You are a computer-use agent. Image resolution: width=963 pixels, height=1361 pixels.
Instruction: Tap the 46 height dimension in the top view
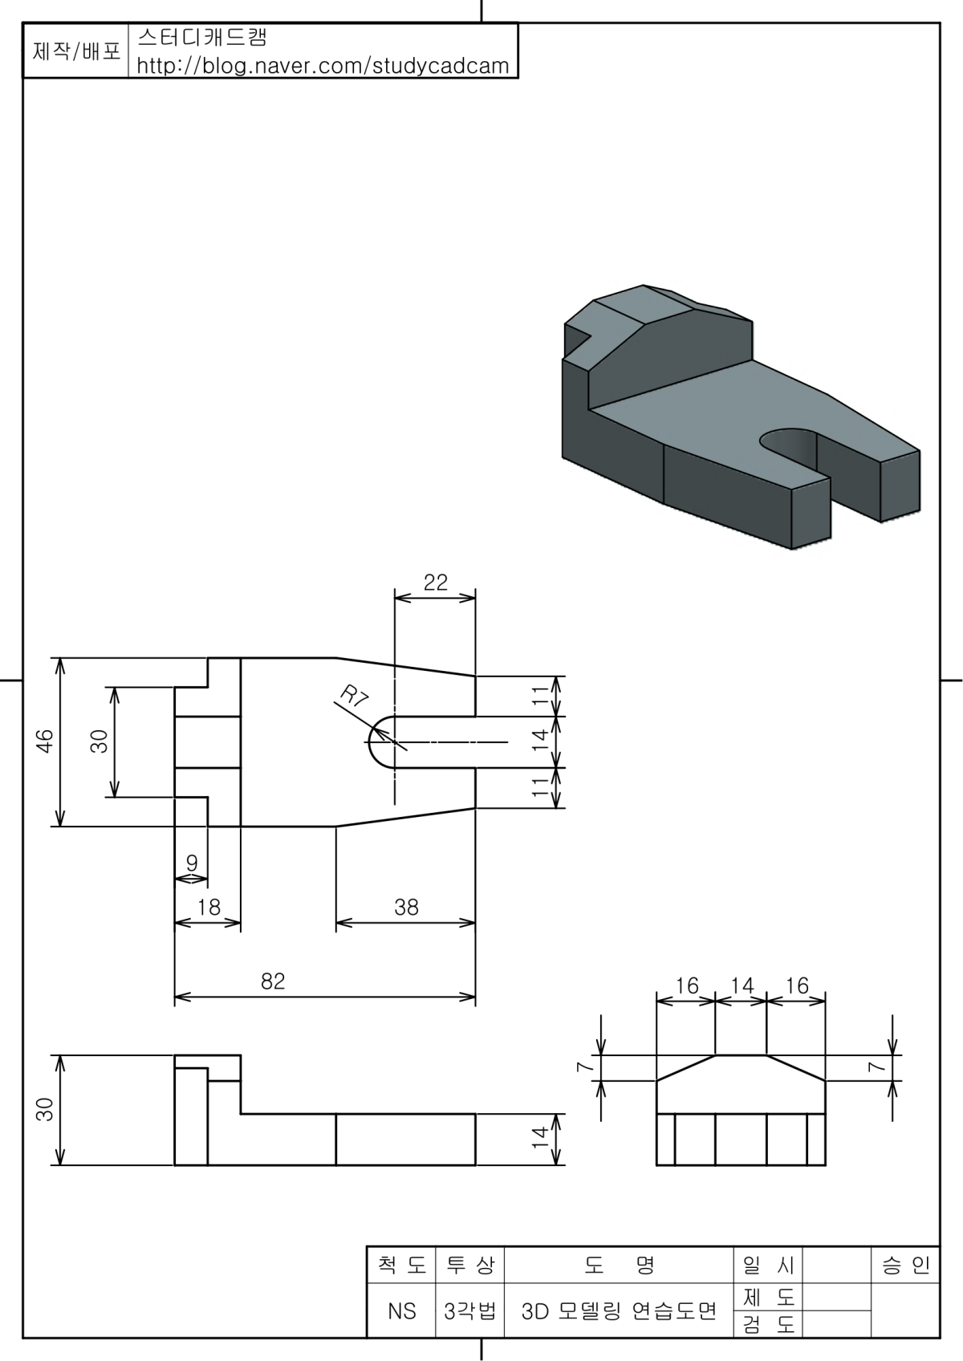click(45, 741)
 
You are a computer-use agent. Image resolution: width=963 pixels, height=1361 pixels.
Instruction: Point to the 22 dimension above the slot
click(435, 583)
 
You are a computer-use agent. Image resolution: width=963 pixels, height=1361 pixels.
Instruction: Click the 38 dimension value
click(406, 908)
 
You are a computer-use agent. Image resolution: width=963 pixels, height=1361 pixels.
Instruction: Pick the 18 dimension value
click(209, 908)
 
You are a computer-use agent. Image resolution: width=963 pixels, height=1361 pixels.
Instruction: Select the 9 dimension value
click(192, 863)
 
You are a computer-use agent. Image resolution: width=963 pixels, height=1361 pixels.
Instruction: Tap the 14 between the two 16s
click(742, 985)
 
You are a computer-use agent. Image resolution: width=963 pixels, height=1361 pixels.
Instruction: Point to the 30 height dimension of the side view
click(45, 1109)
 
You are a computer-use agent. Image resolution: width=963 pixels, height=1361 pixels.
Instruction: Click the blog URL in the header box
click(323, 66)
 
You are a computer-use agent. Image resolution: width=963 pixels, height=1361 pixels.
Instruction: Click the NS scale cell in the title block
click(402, 1310)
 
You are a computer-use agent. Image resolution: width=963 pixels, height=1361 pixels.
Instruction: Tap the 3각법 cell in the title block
click(469, 1310)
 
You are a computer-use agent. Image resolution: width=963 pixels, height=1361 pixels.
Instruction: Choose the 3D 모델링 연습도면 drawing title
click(619, 1310)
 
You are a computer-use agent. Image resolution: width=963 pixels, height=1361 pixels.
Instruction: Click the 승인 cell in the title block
click(905, 1266)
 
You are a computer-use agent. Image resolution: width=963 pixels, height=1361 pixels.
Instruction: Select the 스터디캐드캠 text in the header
click(202, 38)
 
